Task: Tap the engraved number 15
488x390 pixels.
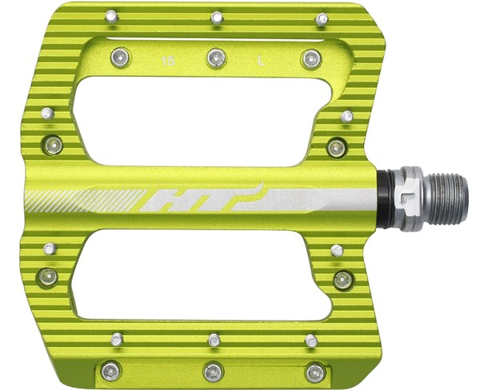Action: [167, 60]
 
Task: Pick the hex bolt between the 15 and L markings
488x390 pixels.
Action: [215, 57]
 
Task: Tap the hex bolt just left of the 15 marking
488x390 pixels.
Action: [119, 56]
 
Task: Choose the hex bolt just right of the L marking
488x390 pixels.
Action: [312, 58]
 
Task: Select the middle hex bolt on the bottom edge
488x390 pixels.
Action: [213, 371]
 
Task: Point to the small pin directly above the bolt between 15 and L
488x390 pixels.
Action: [216, 17]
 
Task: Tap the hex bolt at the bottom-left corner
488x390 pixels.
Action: [110, 370]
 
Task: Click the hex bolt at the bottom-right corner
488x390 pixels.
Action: [316, 372]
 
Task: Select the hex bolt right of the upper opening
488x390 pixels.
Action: [337, 147]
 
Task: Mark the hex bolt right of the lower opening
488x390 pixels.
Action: [342, 280]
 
